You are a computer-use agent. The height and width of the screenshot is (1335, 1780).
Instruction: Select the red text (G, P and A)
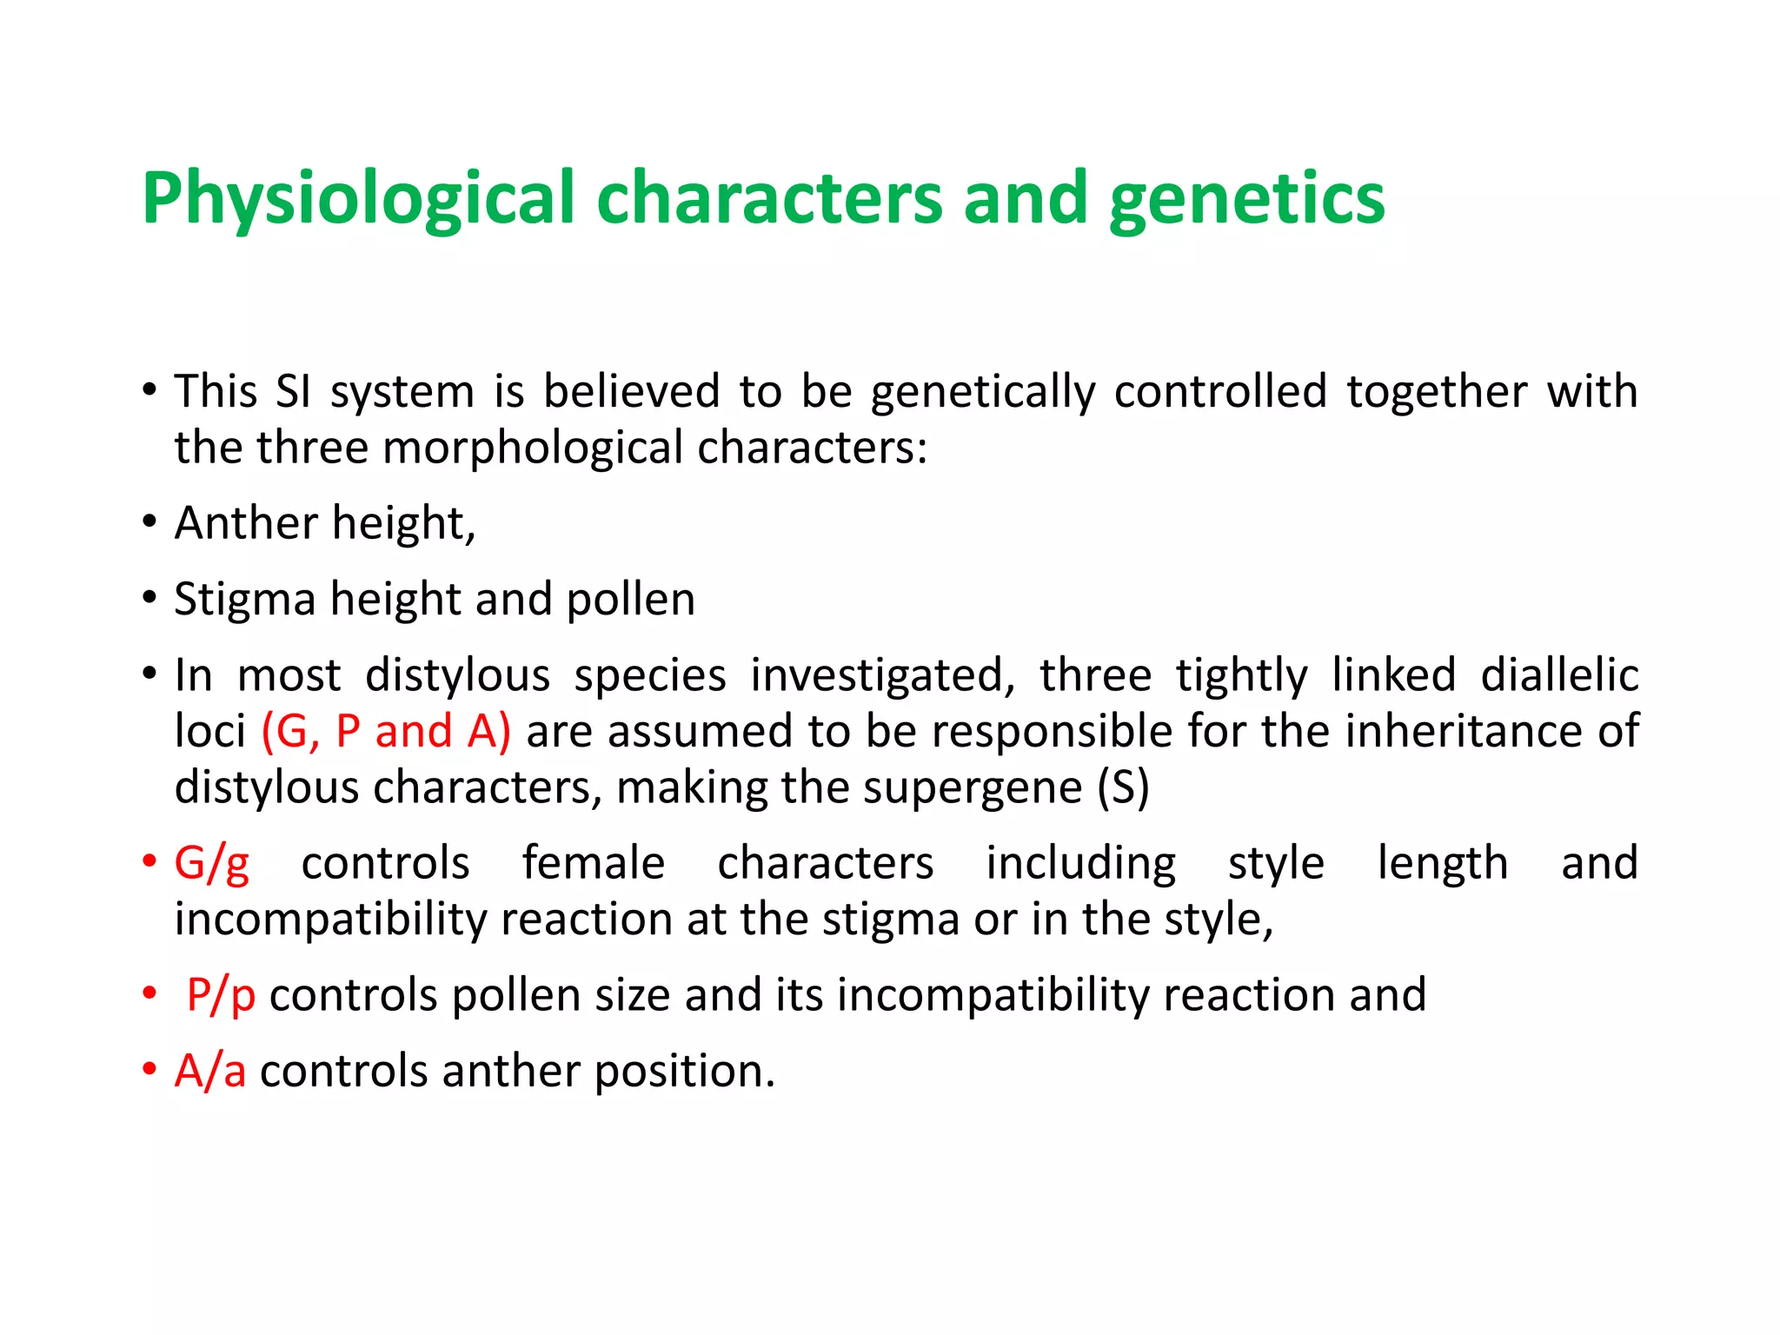[x=386, y=731]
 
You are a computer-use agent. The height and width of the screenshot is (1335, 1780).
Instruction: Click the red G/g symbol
[x=211, y=864]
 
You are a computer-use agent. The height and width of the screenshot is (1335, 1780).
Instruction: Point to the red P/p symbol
[x=221, y=995]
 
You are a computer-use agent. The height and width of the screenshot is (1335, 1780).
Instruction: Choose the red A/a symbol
[x=209, y=1071]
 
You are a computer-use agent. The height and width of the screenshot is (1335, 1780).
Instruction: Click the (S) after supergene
[x=1123, y=787]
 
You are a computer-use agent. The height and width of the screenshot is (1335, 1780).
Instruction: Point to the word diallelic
[x=1559, y=675]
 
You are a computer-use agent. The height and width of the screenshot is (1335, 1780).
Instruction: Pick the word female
[x=594, y=864]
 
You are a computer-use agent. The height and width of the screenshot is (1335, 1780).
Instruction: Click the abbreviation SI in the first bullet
[x=293, y=391]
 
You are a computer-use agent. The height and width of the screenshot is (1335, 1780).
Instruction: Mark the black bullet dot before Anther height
[x=149, y=522]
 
